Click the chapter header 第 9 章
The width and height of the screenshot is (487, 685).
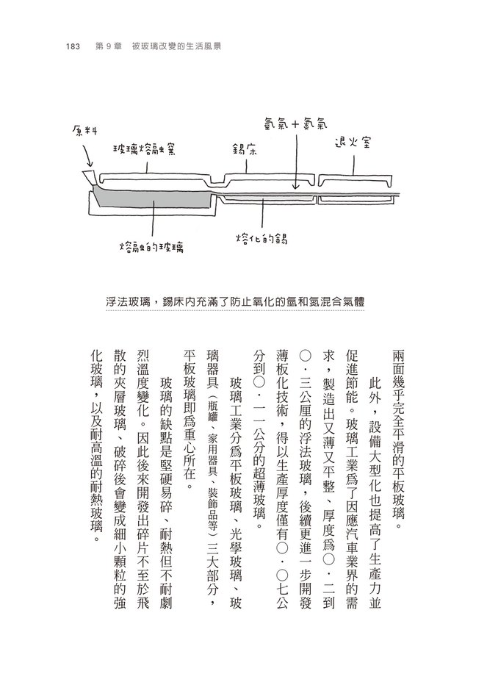112,46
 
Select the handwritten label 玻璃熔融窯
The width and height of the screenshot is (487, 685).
148,148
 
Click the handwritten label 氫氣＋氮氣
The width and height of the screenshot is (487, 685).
294,122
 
